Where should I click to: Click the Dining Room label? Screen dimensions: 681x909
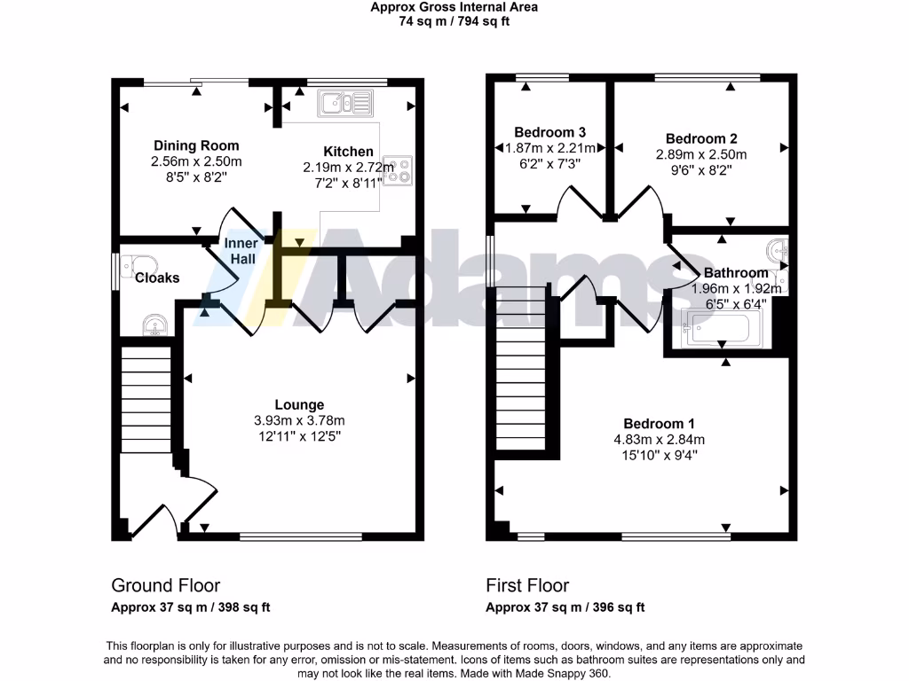196,145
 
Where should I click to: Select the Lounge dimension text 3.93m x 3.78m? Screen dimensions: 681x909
299,420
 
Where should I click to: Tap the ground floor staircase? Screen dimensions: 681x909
145,399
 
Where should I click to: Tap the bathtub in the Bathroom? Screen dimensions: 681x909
718,331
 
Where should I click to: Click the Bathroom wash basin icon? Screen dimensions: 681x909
779,249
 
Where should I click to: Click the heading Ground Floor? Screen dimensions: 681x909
165,585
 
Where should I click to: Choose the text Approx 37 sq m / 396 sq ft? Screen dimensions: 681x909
565,607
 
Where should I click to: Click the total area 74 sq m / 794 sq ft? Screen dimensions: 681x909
454,21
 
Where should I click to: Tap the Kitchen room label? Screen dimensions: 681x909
348,152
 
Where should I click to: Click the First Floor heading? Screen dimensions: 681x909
527,585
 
